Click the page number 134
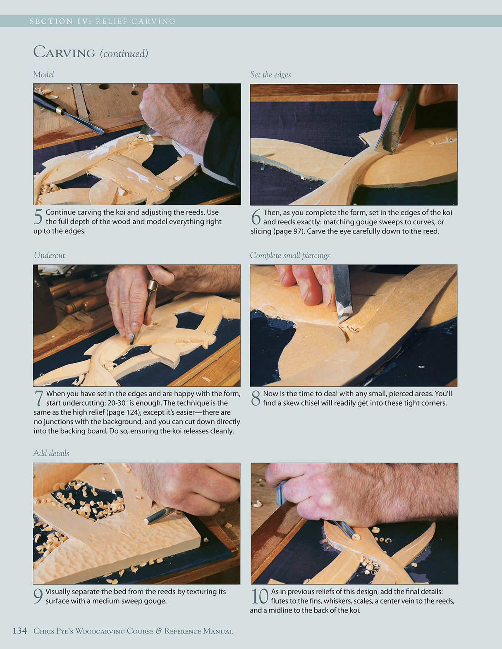click(x=19, y=631)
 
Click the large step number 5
click(x=38, y=217)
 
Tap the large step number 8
click(x=256, y=398)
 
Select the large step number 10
click(x=260, y=597)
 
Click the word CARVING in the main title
click(x=65, y=52)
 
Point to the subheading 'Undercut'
click(x=49, y=255)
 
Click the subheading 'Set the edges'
click(x=270, y=74)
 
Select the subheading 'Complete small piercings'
click(x=289, y=255)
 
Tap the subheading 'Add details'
click(x=51, y=453)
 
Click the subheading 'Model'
click(x=43, y=74)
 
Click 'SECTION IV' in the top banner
click(x=60, y=21)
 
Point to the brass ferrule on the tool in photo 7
click(x=153, y=285)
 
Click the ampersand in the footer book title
click(x=159, y=631)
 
